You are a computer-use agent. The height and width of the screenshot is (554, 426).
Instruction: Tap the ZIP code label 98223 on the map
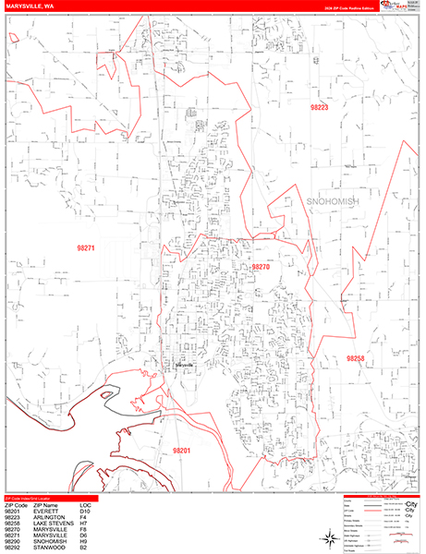click(x=320, y=108)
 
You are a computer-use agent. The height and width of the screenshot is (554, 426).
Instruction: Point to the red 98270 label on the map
click(x=261, y=266)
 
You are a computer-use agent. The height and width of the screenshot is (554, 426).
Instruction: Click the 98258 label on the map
click(x=356, y=358)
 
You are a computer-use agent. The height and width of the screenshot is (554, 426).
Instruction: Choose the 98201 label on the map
click(x=181, y=425)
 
